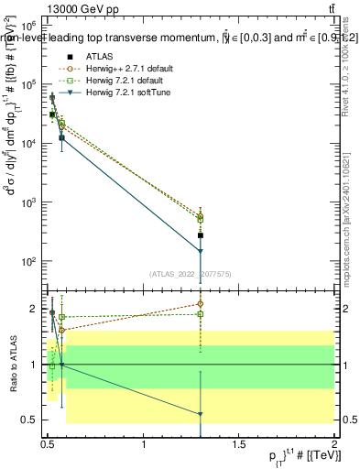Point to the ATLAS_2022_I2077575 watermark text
pos(191,273)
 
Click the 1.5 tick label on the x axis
pos(239,444)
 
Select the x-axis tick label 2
pos(334,444)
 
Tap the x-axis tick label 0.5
pos(49,444)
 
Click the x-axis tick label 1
pos(145,444)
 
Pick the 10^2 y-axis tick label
pos(35,261)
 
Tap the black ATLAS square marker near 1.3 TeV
pos(201,235)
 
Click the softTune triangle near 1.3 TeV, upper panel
pos(201,251)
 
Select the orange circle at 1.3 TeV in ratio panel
pos(201,303)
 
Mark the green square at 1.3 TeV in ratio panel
pos(201,314)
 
